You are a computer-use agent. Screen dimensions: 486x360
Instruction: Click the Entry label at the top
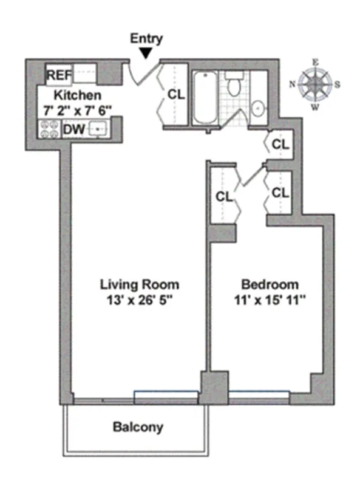click(147, 39)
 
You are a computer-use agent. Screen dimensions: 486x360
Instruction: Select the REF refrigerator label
click(59, 76)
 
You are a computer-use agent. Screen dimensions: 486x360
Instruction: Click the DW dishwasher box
click(72, 129)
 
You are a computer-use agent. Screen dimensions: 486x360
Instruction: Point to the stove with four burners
click(48, 129)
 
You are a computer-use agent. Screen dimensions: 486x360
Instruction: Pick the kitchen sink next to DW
click(98, 129)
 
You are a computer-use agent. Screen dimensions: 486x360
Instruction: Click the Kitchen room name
click(77, 95)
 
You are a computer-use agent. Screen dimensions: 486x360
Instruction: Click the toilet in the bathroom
click(233, 85)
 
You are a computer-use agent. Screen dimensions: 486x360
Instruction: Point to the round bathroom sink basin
click(257, 109)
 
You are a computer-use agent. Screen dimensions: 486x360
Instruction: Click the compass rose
click(315, 84)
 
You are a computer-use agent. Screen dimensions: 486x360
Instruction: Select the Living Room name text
click(140, 284)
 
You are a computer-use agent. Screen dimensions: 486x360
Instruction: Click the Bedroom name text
click(270, 284)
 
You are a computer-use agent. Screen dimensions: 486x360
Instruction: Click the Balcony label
click(138, 427)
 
